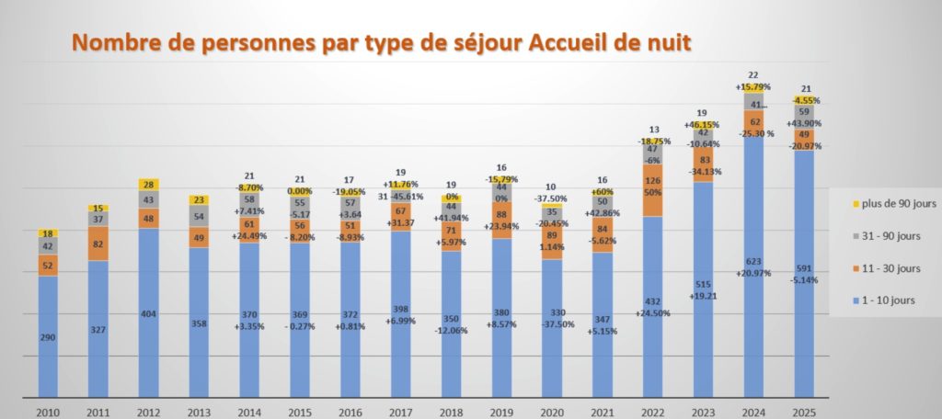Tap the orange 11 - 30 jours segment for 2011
pyautogui.click(x=98, y=243)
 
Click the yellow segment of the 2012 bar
pyautogui.click(x=149, y=185)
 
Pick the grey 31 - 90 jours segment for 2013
pyautogui.click(x=200, y=217)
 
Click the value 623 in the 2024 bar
pyautogui.click(x=753, y=261)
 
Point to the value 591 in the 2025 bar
pyautogui.click(x=803, y=268)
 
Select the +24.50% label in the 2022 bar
pyautogui.click(x=652, y=312)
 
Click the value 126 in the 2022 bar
pyautogui.click(x=652, y=181)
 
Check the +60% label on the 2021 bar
pyautogui.click(x=602, y=191)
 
